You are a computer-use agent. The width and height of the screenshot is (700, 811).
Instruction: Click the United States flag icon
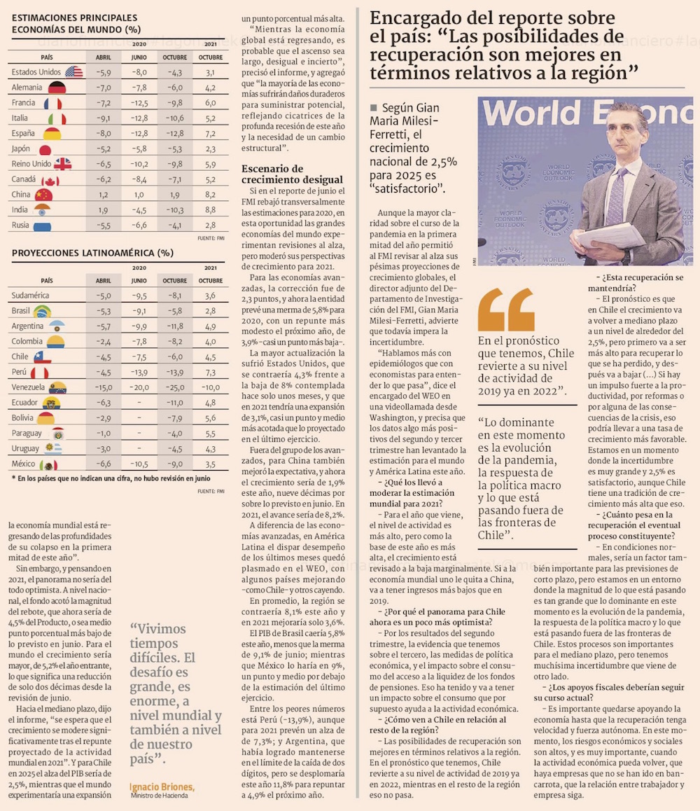click(x=73, y=72)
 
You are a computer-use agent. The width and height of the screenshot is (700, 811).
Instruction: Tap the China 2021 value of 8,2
click(x=210, y=195)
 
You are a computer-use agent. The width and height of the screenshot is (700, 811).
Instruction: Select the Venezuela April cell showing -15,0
click(x=104, y=387)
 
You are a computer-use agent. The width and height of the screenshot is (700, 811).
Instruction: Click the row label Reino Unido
click(x=31, y=164)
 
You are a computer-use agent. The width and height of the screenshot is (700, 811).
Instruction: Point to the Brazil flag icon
click(x=42, y=311)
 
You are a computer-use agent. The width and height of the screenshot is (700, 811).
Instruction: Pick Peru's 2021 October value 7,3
click(x=210, y=372)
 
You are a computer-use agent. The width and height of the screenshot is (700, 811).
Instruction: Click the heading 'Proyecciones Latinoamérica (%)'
click(x=92, y=253)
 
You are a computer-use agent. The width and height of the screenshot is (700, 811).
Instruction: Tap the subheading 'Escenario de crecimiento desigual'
click(x=292, y=174)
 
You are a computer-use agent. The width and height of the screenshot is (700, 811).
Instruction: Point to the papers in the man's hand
click(x=611, y=237)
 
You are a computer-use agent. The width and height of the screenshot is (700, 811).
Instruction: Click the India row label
click(x=20, y=210)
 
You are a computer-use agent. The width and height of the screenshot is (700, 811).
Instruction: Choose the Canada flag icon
click(x=50, y=180)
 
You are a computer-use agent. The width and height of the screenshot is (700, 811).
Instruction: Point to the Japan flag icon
click(x=45, y=149)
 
